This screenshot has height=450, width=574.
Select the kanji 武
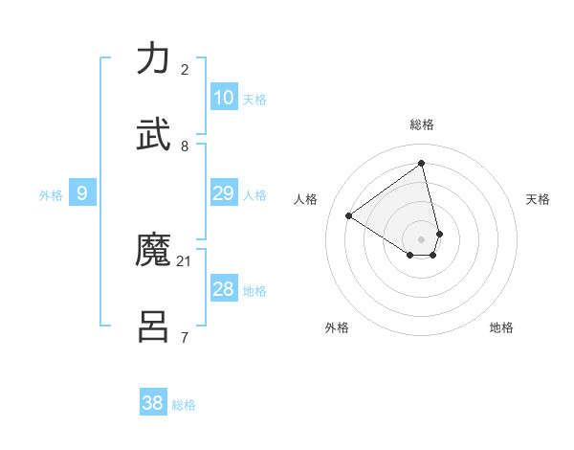[x=154, y=134]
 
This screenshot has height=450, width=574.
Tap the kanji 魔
[x=154, y=251]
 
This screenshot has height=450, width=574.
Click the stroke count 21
[x=185, y=260]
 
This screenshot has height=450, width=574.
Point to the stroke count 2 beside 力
[x=185, y=69]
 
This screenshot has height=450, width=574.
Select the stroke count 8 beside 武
[x=185, y=146]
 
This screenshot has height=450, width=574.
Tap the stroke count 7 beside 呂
[x=185, y=337]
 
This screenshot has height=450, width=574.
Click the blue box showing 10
[x=223, y=98]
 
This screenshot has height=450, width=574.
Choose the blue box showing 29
[x=223, y=193]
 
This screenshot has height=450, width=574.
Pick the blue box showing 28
[x=223, y=289]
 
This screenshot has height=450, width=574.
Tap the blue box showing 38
[x=153, y=403]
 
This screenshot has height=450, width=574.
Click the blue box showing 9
[x=82, y=193]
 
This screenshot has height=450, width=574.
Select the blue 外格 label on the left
[x=51, y=195]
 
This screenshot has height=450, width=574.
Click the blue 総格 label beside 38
[x=184, y=405]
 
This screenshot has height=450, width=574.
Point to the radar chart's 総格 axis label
[x=422, y=124]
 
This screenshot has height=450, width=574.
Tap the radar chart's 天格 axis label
[x=538, y=199]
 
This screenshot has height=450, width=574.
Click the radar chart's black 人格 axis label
[x=306, y=199]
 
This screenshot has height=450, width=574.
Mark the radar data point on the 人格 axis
[x=349, y=216]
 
